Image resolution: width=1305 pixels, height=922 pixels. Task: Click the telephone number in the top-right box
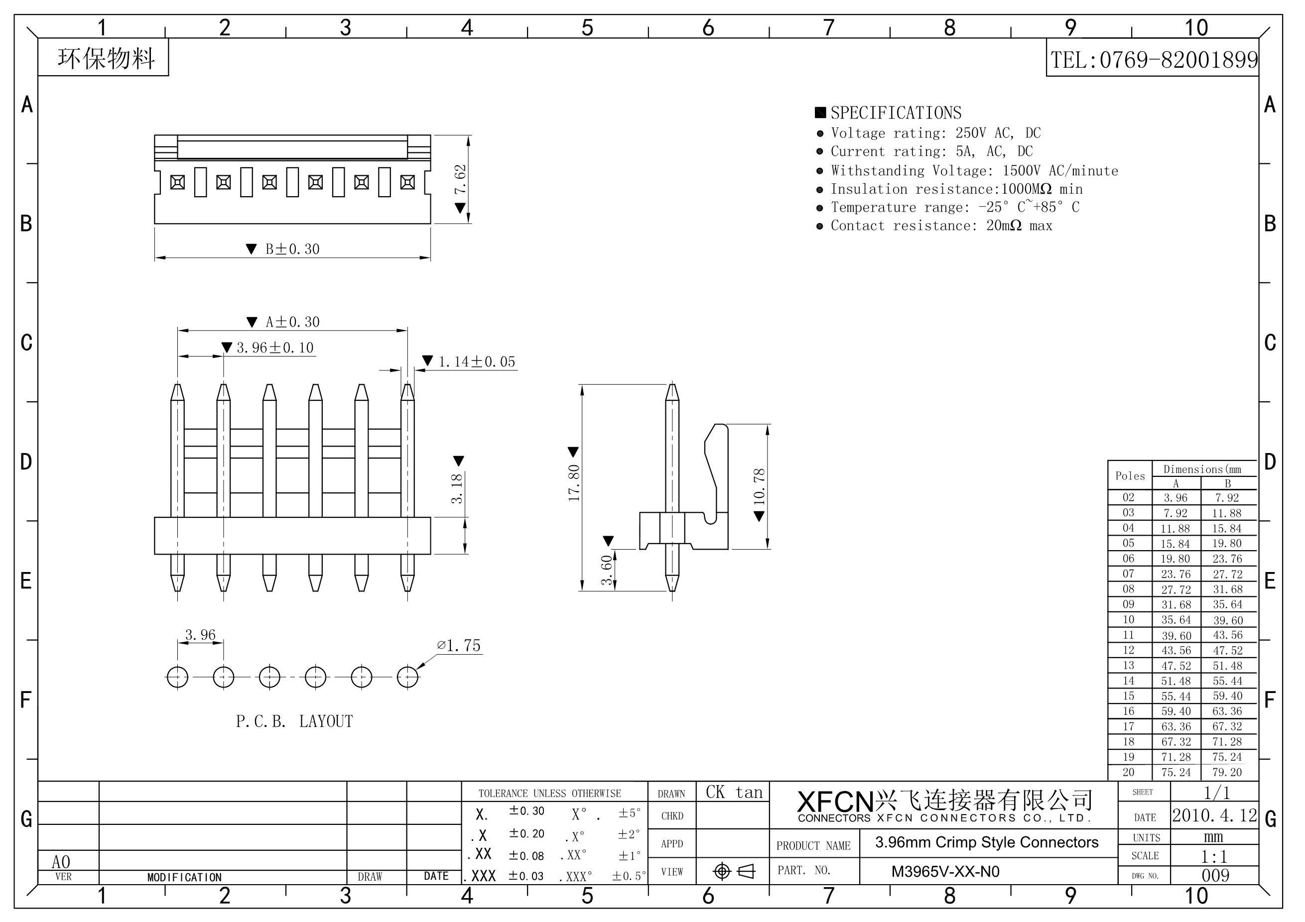tap(1153, 60)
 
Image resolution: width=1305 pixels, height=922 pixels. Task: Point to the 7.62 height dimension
tap(460, 180)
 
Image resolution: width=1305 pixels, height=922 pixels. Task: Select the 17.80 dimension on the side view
tap(574, 483)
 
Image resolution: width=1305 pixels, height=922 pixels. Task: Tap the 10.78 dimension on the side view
tap(760, 486)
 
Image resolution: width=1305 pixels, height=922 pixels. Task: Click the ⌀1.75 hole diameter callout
tap(459, 646)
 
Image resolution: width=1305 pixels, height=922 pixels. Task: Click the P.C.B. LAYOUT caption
tap(294, 721)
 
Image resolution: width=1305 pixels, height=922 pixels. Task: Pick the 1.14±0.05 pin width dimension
tap(476, 362)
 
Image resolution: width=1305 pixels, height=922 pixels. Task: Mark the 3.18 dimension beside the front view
tap(457, 488)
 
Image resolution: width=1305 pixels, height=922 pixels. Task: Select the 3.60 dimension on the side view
tap(607, 570)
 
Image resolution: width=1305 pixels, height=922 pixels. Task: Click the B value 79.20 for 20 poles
tap(1227, 773)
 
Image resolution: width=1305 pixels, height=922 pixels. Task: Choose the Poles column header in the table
tap(1130, 476)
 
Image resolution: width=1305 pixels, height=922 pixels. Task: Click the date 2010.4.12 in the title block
tap(1215, 816)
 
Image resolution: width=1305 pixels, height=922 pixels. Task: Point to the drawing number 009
tap(1215, 875)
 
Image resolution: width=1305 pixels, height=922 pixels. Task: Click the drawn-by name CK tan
tap(734, 793)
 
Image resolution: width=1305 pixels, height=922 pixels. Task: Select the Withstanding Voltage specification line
tap(974, 170)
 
